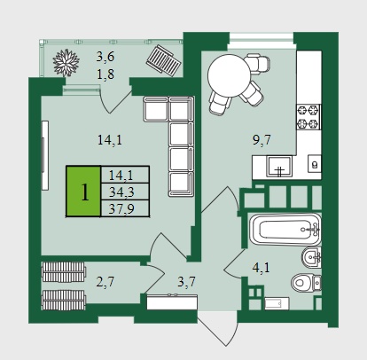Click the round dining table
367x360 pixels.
click(229, 75)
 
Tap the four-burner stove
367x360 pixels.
click(308, 117)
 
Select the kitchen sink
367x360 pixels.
click(279, 167)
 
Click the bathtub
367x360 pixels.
click(285, 230)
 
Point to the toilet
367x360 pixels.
click(306, 283)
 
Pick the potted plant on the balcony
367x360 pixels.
click(66, 63)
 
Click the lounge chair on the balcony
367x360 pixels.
click(163, 60)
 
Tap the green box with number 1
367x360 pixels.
click(83, 192)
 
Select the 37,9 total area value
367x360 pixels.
click(121, 209)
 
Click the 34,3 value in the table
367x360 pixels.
click(121, 192)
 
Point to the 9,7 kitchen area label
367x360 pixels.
click(262, 139)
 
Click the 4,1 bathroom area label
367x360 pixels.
click(261, 268)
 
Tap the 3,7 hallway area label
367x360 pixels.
click(186, 282)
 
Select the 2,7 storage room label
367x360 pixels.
click(105, 282)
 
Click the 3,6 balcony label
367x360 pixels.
click(105, 57)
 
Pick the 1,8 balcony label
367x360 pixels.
click(105, 74)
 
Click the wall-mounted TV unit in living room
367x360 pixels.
click(44, 155)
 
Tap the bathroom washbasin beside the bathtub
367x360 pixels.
click(311, 257)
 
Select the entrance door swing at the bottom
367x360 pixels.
click(218, 328)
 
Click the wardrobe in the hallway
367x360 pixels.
click(172, 301)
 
